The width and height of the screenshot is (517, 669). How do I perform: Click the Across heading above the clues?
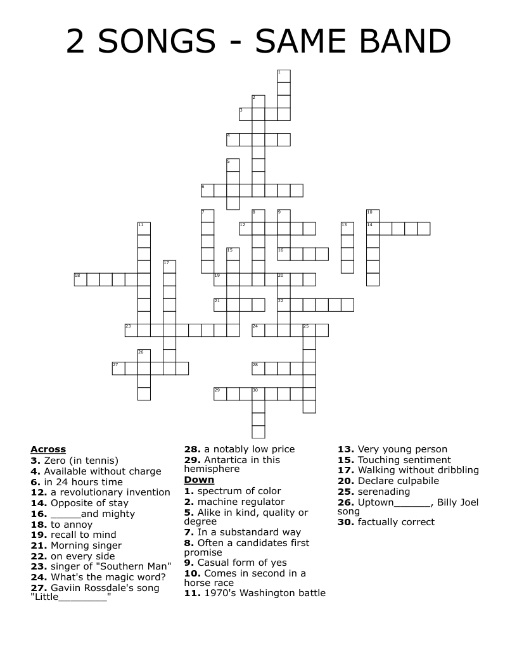pos(48,449)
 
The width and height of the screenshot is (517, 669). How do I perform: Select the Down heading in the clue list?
pos(199,480)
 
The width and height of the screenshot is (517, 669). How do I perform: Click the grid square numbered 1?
pos(284,76)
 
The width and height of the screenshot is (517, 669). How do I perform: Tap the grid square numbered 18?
pos(80,279)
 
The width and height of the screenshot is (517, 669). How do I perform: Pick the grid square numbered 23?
pos(131,330)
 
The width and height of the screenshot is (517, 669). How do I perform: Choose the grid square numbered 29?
pos(220,393)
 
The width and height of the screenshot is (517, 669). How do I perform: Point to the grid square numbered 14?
pos(373,228)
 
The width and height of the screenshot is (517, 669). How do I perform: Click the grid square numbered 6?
pos(207,190)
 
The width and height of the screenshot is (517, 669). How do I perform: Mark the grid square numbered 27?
pos(118,368)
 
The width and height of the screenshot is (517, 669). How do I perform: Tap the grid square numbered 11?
pos(144,228)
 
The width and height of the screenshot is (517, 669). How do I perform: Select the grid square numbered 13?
pos(347,228)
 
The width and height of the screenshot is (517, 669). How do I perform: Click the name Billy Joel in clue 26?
pos(457,502)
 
